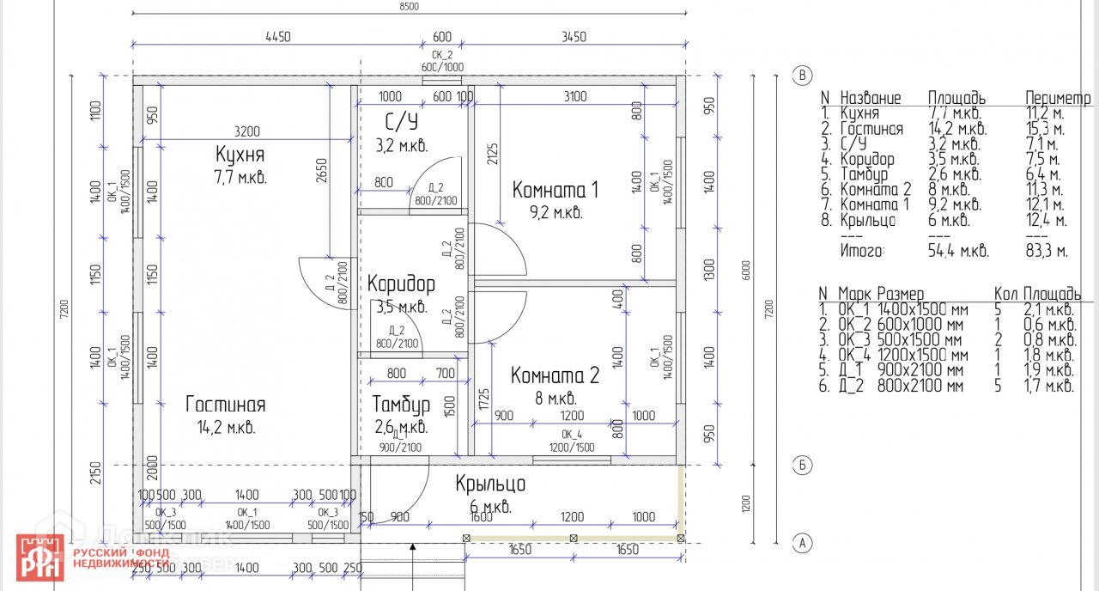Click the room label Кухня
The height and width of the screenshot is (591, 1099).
pyautogui.click(x=240, y=155)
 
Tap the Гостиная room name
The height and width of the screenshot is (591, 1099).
pyautogui.click(x=226, y=405)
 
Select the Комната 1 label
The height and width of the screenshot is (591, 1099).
pyautogui.click(x=556, y=190)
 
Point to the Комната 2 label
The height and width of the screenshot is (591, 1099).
pyautogui.click(x=555, y=375)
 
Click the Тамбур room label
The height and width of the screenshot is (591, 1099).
pyautogui.click(x=401, y=404)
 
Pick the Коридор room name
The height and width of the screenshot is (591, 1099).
pyautogui.click(x=401, y=283)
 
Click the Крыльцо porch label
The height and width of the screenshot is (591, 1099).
pyautogui.click(x=490, y=484)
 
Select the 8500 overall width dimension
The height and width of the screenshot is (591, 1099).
pyautogui.click(x=409, y=7)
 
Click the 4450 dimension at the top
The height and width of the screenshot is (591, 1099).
pyautogui.click(x=278, y=37)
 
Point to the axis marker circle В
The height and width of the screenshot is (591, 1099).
pyautogui.click(x=802, y=76)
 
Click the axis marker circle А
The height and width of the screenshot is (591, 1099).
pyautogui.click(x=802, y=542)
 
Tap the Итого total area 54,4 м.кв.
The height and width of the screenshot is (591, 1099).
pyautogui.click(x=957, y=252)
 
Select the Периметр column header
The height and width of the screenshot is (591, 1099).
pyautogui.click(x=1058, y=98)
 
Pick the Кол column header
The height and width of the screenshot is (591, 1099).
pyautogui.click(x=1005, y=294)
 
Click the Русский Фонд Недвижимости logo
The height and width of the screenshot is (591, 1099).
pyautogui.click(x=94, y=557)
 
